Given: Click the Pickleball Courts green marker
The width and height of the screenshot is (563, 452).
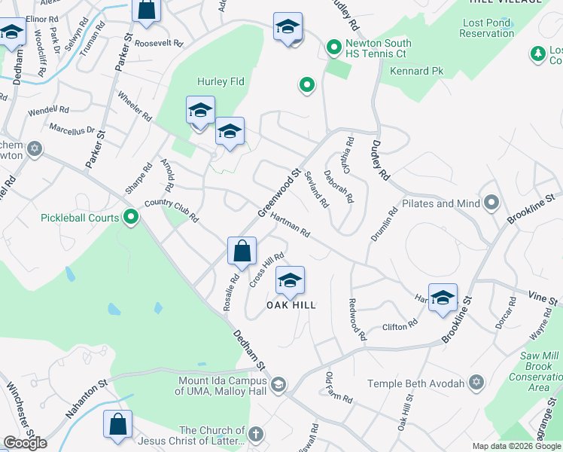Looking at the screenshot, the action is pos(131,218).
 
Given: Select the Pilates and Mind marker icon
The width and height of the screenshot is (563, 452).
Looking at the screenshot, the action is pos(492,203).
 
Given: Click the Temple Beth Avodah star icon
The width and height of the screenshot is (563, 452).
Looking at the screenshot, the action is pos(476,383).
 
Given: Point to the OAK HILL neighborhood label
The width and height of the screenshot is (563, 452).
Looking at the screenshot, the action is pos(291,305).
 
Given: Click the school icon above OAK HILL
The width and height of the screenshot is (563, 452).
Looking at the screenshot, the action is pos(290,282).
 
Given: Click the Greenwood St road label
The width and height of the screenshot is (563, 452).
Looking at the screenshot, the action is pos(279,194).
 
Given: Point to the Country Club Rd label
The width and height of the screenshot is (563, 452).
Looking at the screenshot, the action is pos(171,209).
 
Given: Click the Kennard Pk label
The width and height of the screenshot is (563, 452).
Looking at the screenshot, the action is pos(416,72).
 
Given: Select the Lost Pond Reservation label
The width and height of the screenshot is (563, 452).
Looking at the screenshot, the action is pos(486,28).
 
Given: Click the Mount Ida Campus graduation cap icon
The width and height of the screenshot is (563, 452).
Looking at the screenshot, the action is pos(278,386).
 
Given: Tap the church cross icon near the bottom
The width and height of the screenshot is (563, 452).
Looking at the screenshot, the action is pos(256,434).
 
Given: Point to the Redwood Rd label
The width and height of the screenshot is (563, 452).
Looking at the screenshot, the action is pos(357,319).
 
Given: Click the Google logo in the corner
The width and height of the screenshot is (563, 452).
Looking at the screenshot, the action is pos(25,442).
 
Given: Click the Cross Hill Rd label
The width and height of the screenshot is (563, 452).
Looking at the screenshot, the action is pos(266,268).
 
